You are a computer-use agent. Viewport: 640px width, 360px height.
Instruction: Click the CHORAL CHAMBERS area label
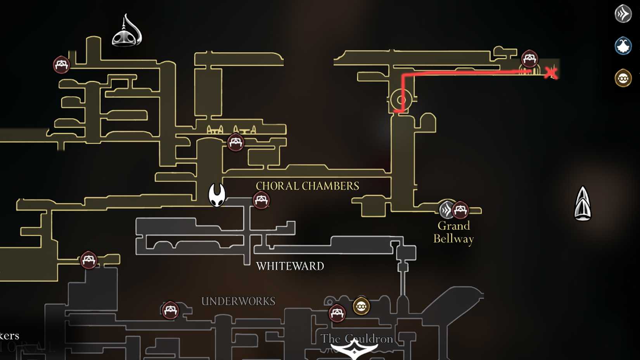coord(307,186)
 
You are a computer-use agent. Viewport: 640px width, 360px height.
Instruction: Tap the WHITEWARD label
coord(290,266)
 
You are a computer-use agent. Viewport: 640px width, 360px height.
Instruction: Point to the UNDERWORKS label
coord(238,301)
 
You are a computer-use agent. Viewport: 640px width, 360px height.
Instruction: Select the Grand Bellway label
coord(453,232)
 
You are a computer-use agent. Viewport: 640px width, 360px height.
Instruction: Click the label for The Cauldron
coord(357,339)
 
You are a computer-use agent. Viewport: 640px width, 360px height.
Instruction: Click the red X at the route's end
coord(551,73)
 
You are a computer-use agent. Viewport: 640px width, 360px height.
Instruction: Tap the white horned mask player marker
coord(217,195)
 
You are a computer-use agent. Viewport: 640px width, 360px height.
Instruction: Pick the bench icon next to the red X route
coord(529,59)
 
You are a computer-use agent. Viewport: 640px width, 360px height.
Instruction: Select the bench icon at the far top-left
coord(61,64)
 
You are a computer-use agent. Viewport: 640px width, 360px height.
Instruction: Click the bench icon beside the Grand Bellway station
coord(460,210)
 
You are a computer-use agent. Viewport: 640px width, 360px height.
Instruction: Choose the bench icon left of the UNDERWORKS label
coord(170,310)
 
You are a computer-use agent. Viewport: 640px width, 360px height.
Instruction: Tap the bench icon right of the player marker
coord(261,200)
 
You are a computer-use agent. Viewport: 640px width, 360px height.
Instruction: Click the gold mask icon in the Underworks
coord(361,306)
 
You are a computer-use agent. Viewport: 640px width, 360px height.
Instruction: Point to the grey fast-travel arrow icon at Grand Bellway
coord(446,210)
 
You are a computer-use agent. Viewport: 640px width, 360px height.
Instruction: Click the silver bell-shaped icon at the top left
coord(127,31)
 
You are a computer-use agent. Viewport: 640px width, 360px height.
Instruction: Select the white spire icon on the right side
coord(583,204)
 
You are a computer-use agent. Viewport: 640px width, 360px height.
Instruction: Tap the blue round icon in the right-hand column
coord(623,46)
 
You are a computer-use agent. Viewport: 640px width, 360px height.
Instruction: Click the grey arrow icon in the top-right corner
coord(623,14)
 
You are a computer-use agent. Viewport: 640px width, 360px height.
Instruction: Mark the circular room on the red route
coord(401,100)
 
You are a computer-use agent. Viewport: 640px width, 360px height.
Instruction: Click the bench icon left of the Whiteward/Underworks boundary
coord(88,260)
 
